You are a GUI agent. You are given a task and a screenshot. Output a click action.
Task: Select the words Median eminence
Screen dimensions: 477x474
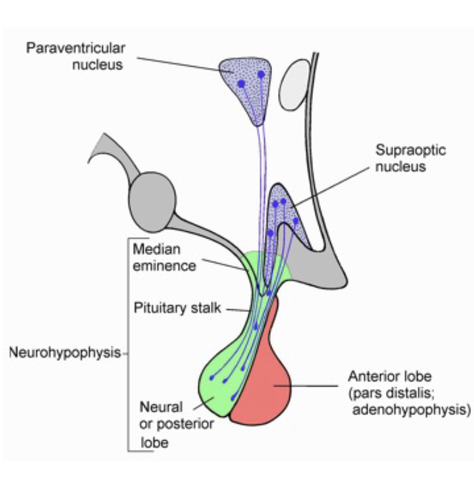[164, 256]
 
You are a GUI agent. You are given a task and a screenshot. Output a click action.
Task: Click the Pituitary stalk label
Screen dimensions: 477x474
[177, 308]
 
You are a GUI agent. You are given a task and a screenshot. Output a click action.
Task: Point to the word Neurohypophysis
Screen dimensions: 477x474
[65, 353]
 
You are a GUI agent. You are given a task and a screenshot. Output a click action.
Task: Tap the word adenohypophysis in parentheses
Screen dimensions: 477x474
[410, 409]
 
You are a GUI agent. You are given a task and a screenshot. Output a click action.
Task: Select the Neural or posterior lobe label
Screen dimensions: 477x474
[162, 424]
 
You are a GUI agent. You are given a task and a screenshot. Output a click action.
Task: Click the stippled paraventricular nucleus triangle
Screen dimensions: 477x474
[245, 89]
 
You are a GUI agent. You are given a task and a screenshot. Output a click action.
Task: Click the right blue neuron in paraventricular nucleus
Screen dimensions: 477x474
[261, 74]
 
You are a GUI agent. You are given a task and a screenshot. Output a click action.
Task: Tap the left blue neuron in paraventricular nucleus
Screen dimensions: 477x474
[241, 84]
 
